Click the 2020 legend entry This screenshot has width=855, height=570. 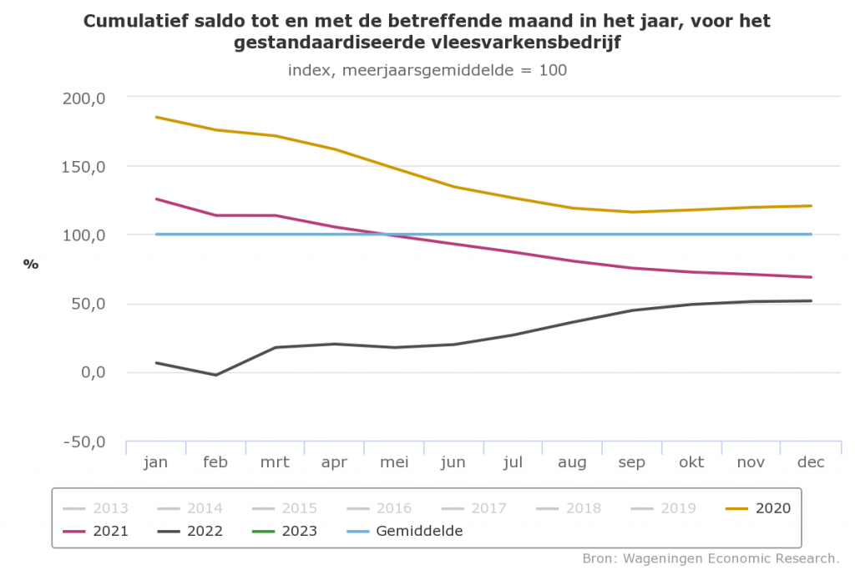[x=772, y=507]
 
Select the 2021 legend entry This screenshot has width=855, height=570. [x=111, y=531]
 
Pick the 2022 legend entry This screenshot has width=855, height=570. [x=205, y=531]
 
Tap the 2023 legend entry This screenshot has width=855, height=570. [x=300, y=531]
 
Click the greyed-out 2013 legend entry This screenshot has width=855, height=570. [x=111, y=507]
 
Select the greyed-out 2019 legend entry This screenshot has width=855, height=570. [x=677, y=507]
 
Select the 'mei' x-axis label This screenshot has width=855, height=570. [x=393, y=462]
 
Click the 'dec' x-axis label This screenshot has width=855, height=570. [x=810, y=462]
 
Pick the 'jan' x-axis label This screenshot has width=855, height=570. [x=155, y=462]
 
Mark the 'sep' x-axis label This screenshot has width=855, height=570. [x=631, y=462]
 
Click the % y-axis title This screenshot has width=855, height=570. [x=31, y=265]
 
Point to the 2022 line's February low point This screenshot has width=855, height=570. [x=215, y=375]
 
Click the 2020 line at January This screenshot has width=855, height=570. [x=156, y=117]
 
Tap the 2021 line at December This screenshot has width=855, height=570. [x=810, y=277]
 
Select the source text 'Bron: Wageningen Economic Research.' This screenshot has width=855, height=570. [x=710, y=557]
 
